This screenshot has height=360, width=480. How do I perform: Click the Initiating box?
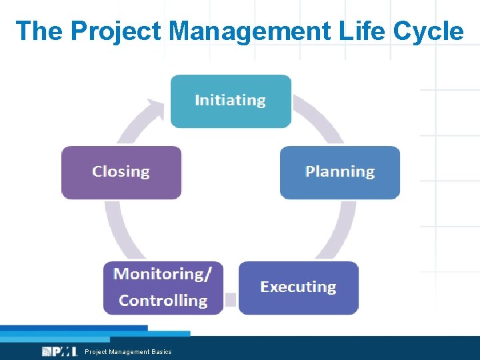(231, 101)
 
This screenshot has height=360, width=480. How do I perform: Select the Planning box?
(339, 172)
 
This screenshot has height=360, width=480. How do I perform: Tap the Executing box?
(298, 287)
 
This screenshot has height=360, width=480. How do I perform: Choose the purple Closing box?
(121, 172)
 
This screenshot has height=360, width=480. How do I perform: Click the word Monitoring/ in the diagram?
(163, 274)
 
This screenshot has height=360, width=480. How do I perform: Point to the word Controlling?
(163, 301)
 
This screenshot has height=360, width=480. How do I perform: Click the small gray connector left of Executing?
(230, 299)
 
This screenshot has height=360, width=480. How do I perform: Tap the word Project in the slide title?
(116, 31)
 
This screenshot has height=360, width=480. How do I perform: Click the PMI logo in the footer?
(59, 351)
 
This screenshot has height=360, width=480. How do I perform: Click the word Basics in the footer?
(161, 352)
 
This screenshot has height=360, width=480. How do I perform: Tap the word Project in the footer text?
(93, 352)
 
